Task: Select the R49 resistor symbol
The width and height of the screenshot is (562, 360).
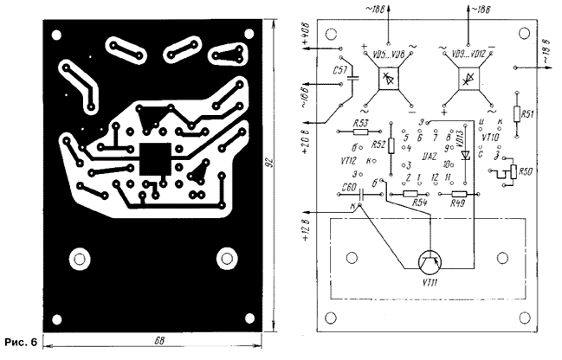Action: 458,196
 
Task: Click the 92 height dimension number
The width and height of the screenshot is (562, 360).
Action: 281,169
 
